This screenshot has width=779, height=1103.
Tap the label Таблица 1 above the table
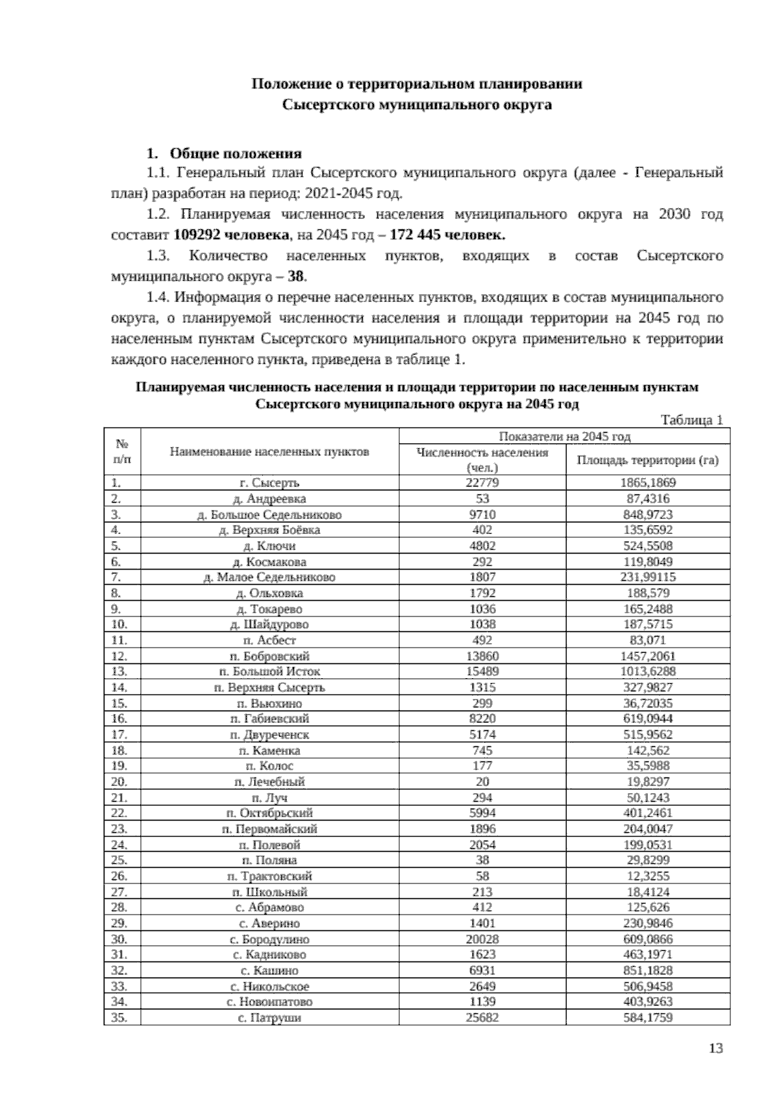691,420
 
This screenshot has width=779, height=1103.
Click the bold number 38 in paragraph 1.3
295,276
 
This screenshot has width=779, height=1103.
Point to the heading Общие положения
235,154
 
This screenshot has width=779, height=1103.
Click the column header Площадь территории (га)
647,461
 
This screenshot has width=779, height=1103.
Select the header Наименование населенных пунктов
269,451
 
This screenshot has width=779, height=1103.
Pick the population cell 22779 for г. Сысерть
482,483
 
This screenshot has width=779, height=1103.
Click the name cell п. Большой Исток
269,672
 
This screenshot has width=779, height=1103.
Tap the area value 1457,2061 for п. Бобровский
647,656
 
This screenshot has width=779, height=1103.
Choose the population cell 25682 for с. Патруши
482,1017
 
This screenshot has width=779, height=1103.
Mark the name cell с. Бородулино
269,939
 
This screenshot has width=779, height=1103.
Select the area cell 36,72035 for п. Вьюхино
647,703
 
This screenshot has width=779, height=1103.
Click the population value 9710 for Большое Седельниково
482,514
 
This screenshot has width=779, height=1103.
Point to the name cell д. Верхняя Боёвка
269,530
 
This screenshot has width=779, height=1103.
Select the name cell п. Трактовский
269,876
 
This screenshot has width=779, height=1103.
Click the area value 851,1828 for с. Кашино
647,970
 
